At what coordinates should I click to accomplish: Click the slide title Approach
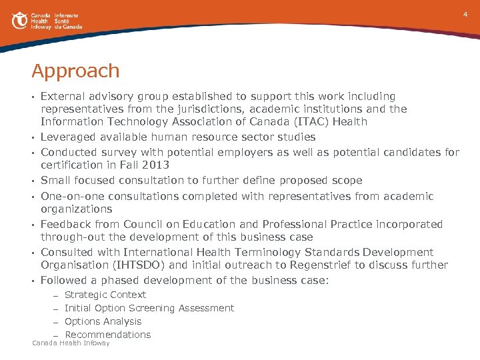(x=75, y=71)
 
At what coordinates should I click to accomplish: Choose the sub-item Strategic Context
(x=105, y=295)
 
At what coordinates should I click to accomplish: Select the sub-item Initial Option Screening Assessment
(x=149, y=308)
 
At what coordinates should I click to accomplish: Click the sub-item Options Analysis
(x=103, y=321)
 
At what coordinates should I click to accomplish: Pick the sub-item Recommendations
(x=107, y=335)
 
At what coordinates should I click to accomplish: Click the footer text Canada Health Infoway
(x=71, y=343)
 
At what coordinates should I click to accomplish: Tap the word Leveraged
(x=69, y=137)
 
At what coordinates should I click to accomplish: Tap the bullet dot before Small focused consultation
(x=33, y=181)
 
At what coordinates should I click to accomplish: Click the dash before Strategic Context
(x=57, y=295)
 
